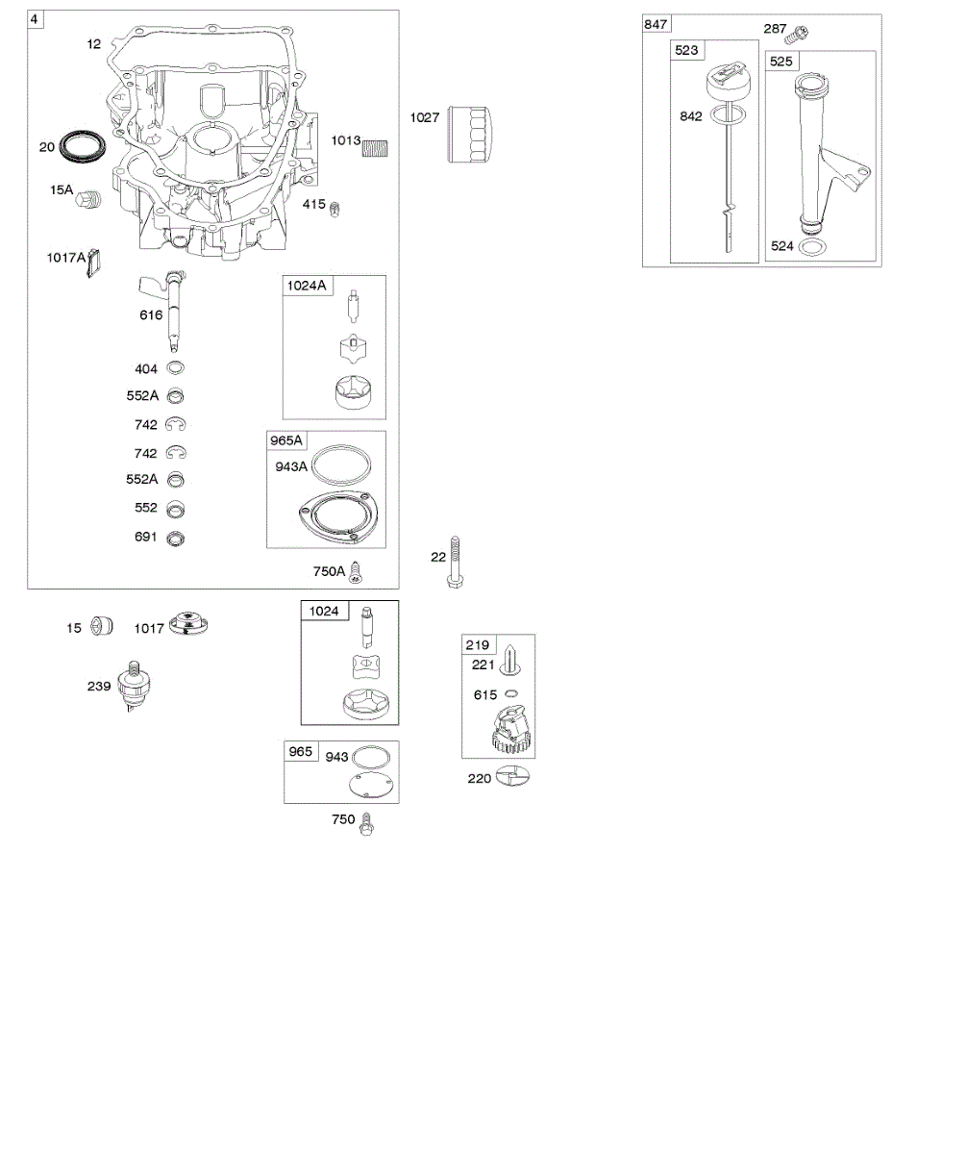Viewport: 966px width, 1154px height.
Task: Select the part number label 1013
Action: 346,140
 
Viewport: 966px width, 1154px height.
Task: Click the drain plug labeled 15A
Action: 88,199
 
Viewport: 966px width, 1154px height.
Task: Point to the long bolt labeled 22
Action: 455,562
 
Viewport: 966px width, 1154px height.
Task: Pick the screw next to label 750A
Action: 357,572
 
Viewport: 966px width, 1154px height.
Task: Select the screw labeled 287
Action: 799,34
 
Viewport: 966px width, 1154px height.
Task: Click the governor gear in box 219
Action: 510,731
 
